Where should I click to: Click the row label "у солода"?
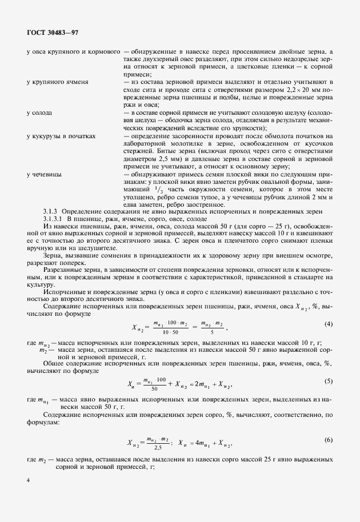point(39,113)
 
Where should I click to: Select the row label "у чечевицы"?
point(44,172)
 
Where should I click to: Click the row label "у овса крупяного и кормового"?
point(73,52)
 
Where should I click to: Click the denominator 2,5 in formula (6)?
point(151,447)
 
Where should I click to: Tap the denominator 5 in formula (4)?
point(212,332)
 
